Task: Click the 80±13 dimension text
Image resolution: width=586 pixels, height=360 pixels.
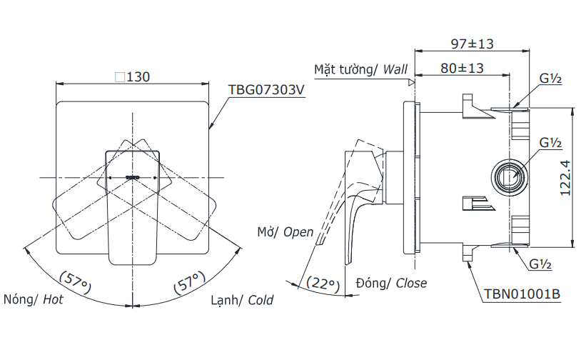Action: pyautogui.click(x=461, y=69)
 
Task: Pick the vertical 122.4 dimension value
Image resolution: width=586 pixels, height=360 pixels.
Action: pyautogui.click(x=565, y=177)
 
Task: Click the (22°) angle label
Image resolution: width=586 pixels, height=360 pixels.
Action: pyautogui.click(x=323, y=284)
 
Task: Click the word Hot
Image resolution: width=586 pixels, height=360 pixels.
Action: pyautogui.click(x=53, y=300)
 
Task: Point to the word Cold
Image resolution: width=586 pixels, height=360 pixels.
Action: pyautogui.click(x=261, y=300)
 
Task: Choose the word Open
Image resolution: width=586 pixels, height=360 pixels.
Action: pyautogui.click(x=298, y=232)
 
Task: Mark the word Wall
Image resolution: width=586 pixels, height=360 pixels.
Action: pyautogui.click(x=395, y=69)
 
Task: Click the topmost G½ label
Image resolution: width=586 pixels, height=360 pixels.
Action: pyautogui.click(x=550, y=79)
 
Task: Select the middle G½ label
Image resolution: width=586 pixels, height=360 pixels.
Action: pyautogui.click(x=550, y=143)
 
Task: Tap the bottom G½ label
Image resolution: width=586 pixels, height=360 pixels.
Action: pyautogui.click(x=542, y=264)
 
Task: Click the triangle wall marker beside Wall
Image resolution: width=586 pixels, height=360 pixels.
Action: pyautogui.click(x=411, y=82)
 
